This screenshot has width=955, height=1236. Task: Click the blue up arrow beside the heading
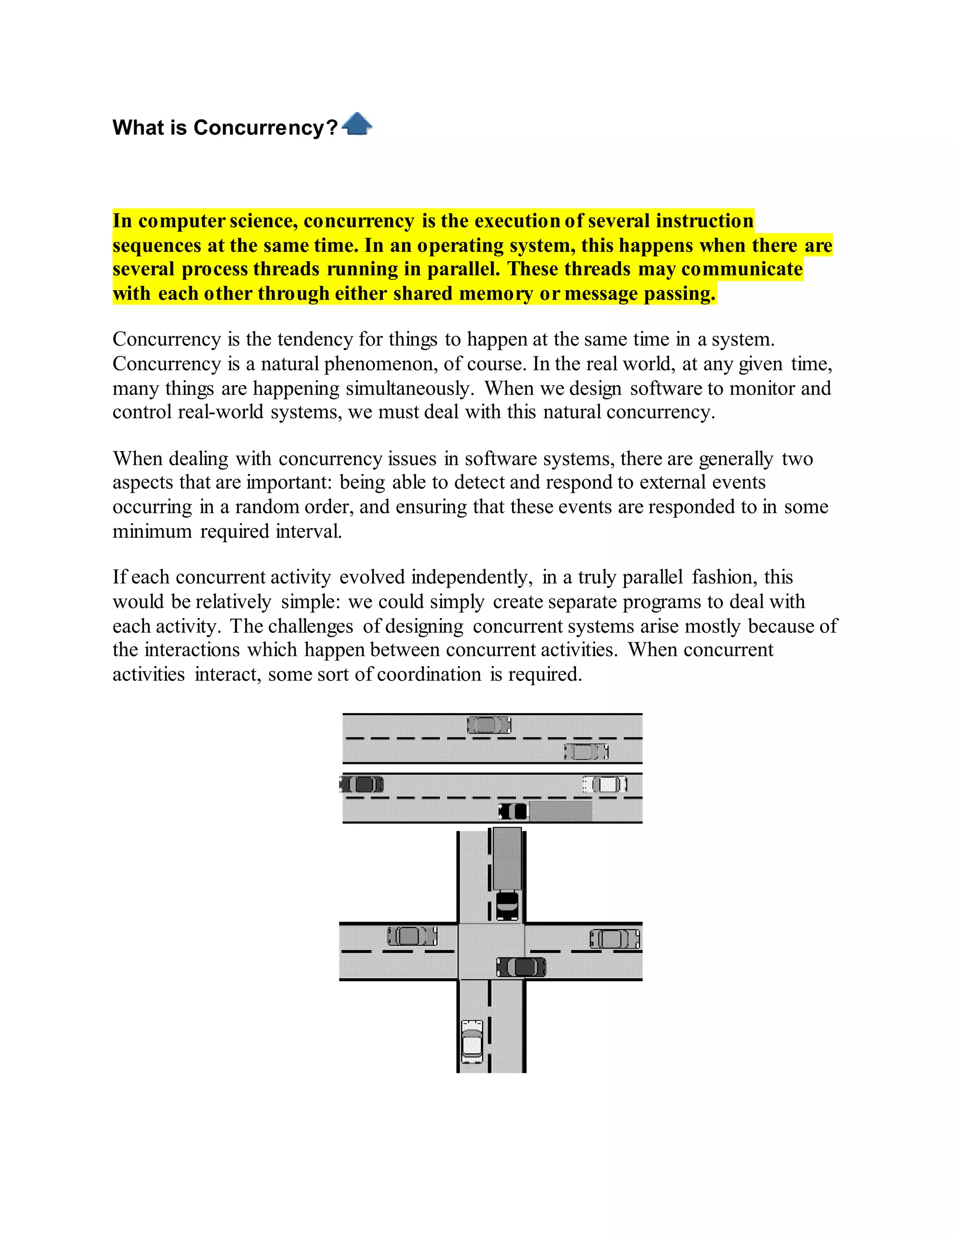click(357, 124)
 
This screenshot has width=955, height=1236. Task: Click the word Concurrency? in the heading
click(265, 128)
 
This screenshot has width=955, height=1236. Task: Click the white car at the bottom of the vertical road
click(472, 1042)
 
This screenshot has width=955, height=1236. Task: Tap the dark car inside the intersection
click(521, 967)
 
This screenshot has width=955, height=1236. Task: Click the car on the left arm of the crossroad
click(412, 936)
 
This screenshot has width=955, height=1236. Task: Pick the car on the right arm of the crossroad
click(615, 939)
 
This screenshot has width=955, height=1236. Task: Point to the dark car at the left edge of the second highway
click(362, 785)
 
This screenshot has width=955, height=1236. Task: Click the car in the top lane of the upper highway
click(489, 724)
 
